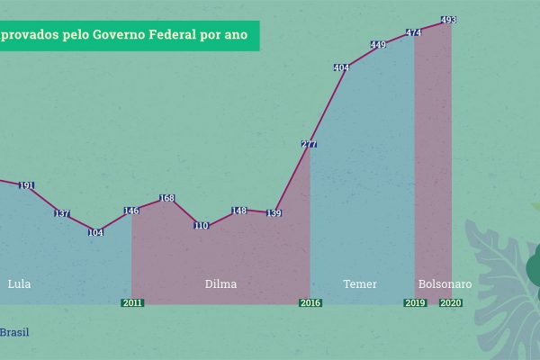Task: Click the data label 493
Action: (x=448, y=20)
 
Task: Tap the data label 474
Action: (x=414, y=32)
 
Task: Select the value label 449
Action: (x=378, y=45)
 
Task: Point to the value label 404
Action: (x=342, y=67)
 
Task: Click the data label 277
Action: (x=310, y=144)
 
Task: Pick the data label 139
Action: (x=274, y=213)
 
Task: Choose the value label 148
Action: (x=238, y=211)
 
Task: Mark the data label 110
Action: (x=201, y=226)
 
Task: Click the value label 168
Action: (x=166, y=198)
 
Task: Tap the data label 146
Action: (x=131, y=211)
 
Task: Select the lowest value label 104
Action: (x=95, y=232)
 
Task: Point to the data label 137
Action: (x=61, y=214)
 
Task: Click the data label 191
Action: (x=26, y=186)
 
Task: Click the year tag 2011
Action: (x=131, y=303)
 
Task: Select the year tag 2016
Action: (x=310, y=303)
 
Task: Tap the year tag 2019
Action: (x=414, y=303)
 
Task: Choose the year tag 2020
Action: (x=451, y=303)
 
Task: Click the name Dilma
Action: (x=221, y=284)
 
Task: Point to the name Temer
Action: (x=360, y=284)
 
